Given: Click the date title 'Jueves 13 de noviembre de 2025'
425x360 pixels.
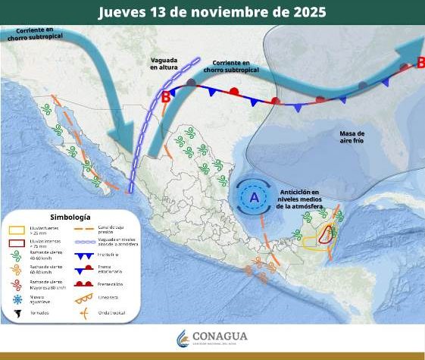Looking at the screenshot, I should (213, 13).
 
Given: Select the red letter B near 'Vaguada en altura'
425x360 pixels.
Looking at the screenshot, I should (166, 96).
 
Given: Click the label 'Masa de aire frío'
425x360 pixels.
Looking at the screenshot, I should (352, 137).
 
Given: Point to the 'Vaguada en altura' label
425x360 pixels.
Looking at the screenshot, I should (165, 63).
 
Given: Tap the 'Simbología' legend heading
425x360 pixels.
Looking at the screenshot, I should (70, 216).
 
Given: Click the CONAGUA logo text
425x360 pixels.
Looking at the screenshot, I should (220, 337).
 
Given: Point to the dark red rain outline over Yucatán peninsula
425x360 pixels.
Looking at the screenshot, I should (326, 234).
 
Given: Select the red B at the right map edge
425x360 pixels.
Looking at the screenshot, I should (420, 64).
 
